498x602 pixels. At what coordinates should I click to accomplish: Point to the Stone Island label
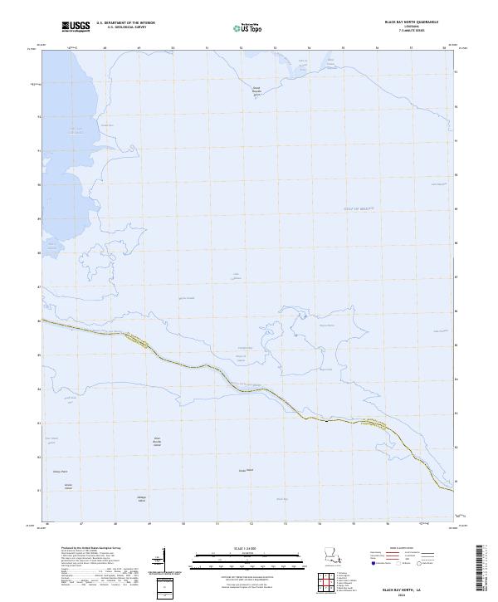(x=245, y=470)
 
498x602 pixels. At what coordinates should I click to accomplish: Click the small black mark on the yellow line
(x=327, y=421)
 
